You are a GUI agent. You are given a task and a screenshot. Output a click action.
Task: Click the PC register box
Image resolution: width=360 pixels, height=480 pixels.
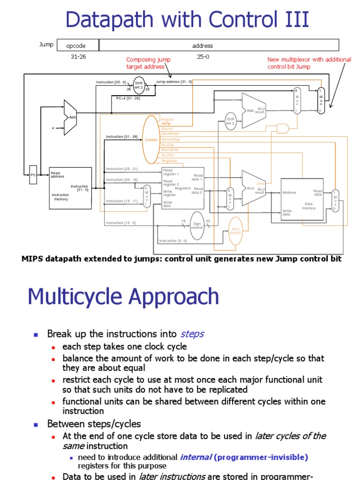(x=33, y=174)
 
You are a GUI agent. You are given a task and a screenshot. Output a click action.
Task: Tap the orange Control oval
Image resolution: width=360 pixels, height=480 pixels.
(x=151, y=140)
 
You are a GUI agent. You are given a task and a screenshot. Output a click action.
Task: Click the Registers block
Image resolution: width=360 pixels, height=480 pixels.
(x=183, y=188)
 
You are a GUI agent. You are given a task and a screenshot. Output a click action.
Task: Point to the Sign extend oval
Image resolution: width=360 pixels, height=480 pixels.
(x=197, y=226)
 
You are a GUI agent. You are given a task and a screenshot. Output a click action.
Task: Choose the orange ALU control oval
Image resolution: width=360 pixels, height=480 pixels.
(x=235, y=231)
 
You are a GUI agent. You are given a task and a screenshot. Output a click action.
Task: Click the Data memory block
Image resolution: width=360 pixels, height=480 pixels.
(x=302, y=199)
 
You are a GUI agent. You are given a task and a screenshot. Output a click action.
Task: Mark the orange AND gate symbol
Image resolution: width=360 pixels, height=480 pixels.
(x=283, y=128)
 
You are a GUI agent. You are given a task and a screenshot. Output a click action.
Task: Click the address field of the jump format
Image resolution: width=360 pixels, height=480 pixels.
(x=202, y=45)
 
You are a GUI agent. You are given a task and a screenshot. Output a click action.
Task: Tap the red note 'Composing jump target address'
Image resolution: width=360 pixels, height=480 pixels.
(x=149, y=63)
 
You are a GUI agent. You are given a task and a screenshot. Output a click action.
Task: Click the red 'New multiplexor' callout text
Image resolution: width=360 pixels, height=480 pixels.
(x=308, y=63)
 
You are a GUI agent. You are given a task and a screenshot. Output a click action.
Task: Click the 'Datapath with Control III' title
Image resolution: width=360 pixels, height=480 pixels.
(x=187, y=20)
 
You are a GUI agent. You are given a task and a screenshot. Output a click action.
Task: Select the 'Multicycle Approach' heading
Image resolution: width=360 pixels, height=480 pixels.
(x=123, y=297)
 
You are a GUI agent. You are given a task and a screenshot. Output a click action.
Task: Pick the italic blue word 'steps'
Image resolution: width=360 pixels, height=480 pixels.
(x=192, y=334)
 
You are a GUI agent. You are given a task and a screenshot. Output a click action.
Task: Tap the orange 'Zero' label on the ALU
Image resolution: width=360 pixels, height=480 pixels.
(x=261, y=183)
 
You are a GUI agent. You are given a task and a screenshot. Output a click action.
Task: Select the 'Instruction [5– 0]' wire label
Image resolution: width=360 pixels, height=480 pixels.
(x=173, y=241)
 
